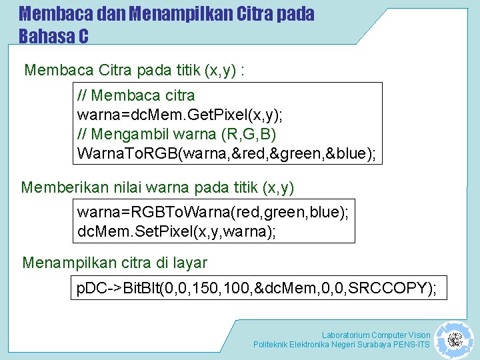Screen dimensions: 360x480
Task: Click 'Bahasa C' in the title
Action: click(53, 36)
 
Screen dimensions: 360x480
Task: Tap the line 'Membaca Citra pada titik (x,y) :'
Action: click(134, 70)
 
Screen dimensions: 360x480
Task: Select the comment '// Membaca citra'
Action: click(136, 95)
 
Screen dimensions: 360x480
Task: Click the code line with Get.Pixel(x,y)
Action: click(180, 115)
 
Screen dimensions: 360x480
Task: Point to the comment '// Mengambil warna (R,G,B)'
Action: click(177, 134)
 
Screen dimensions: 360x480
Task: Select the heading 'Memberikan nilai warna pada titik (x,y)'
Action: click(157, 187)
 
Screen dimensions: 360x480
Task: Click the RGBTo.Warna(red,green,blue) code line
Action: click(213, 212)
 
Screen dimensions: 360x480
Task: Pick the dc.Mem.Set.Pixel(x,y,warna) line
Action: click(177, 231)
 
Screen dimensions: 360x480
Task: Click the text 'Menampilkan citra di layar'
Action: click(115, 263)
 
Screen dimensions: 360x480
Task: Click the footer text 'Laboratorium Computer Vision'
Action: click(376, 335)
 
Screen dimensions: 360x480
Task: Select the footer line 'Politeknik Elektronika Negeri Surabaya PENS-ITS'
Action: click(341, 345)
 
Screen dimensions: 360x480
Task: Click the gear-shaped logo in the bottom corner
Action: click(455, 340)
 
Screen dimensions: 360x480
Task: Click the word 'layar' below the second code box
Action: click(190, 263)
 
